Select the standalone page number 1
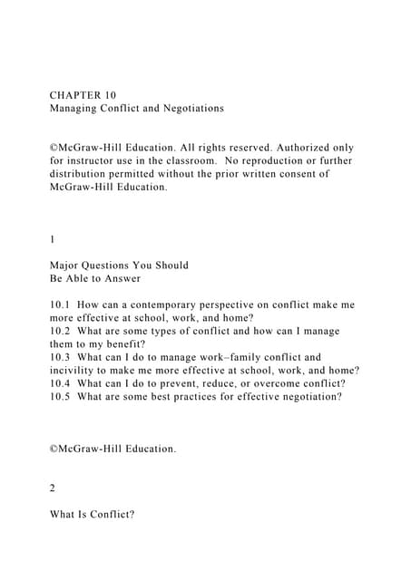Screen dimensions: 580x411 click(54, 239)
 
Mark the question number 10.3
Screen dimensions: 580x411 click(62, 357)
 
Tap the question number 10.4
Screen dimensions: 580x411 click(62, 383)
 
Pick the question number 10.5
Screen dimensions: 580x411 click(62, 396)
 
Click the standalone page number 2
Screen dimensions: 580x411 click(54, 488)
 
